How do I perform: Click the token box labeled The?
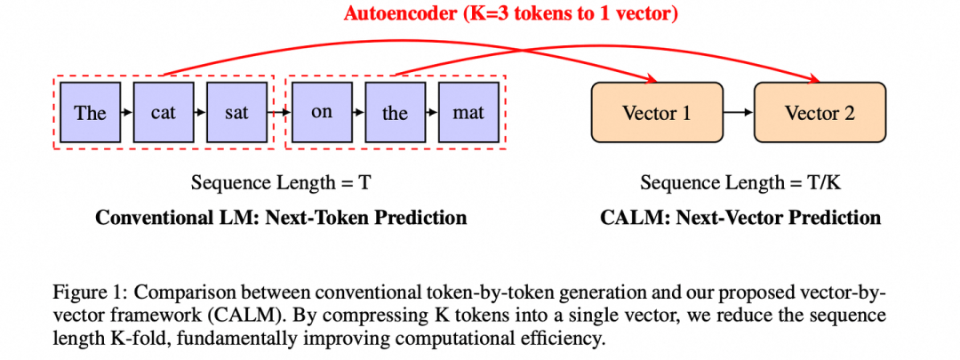pos(90,113)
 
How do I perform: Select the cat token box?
pos(163,113)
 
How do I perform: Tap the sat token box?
pos(236,113)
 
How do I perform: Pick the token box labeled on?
pos(321,113)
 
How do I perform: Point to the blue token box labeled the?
pos(395,113)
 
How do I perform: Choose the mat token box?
pos(468,113)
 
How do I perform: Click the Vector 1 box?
pos(656,113)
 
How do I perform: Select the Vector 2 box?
pos(820,113)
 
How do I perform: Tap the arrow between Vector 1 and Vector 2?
pos(737,113)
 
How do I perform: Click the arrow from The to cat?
pos(126,113)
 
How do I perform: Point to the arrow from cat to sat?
pos(200,113)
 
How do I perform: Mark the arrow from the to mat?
pos(432,113)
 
